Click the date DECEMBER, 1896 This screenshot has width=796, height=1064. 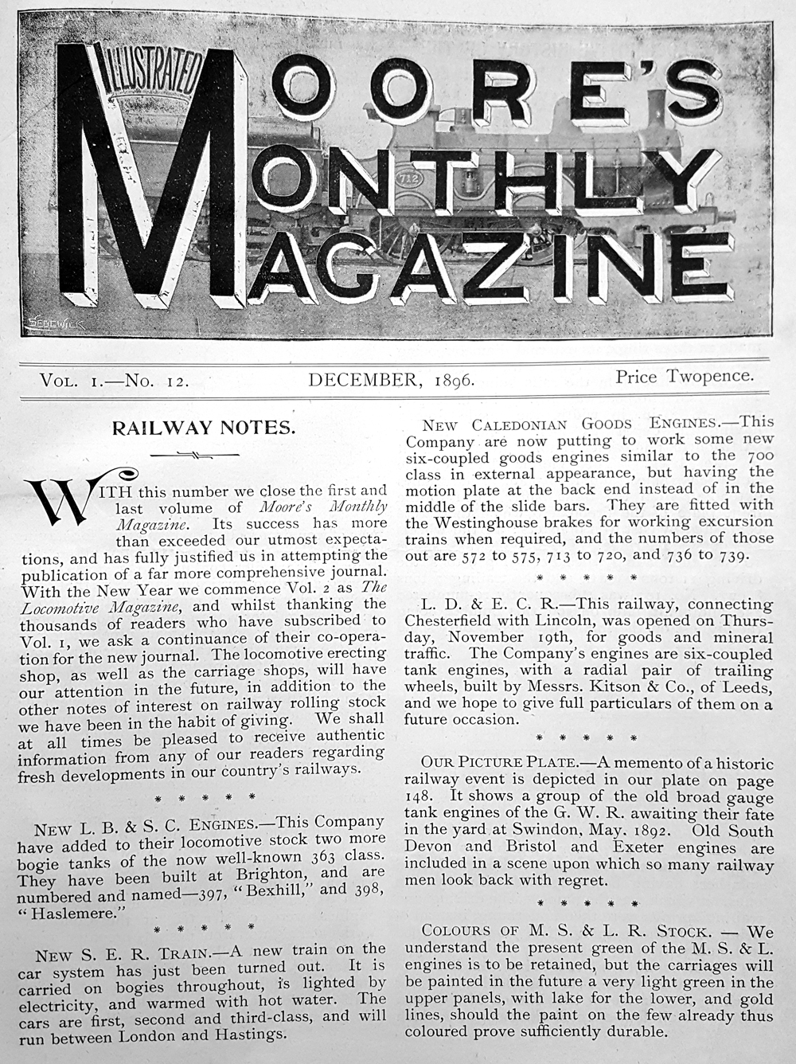[x=392, y=379]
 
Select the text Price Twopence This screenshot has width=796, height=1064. [x=684, y=376]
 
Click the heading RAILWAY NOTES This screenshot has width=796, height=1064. [x=203, y=428]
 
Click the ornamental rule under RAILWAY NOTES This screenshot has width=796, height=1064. [x=202, y=455]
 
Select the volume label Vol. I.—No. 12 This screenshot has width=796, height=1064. [x=114, y=381]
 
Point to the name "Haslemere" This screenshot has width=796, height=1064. [x=71, y=913]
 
